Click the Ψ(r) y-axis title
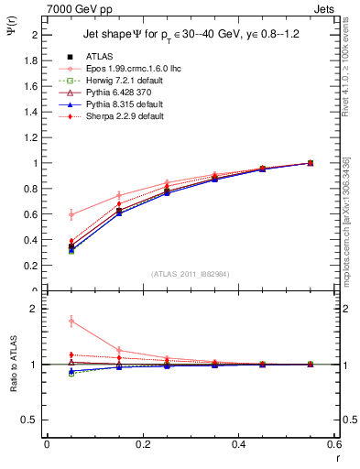pos(12,31)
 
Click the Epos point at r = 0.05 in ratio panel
pos(47,321)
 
